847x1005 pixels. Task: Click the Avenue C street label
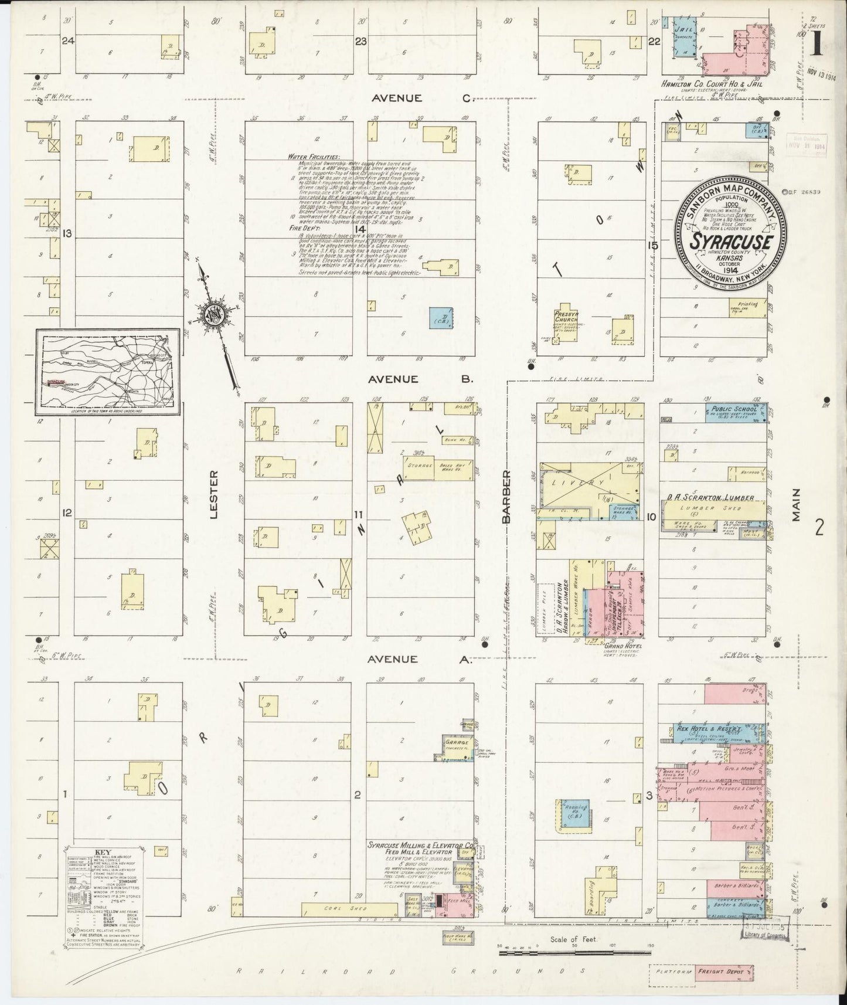(421, 98)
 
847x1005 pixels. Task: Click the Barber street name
(506, 495)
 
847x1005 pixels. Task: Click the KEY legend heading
(103, 851)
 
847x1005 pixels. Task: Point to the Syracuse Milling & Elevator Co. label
(421, 846)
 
